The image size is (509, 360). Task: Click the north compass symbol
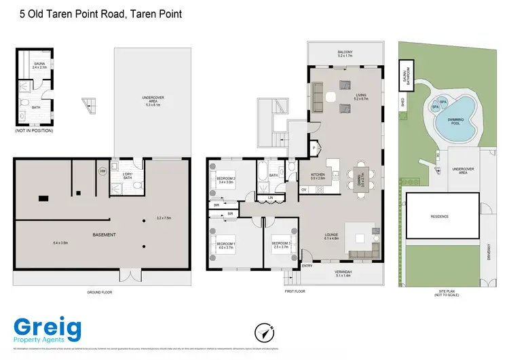tap(264, 332)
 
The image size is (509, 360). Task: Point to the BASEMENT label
tap(103, 235)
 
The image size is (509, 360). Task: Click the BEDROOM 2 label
tap(225, 180)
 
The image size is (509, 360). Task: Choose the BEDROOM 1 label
tap(225, 245)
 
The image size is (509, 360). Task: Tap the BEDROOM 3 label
tap(281, 245)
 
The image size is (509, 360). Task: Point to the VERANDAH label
tap(345, 274)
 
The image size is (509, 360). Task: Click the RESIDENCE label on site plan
tap(440, 217)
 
